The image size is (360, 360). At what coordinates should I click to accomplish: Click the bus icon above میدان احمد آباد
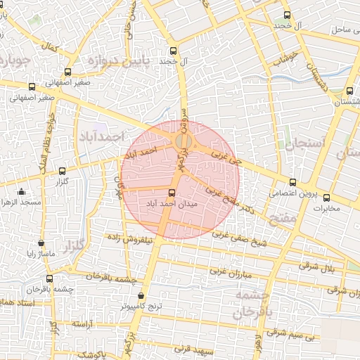(172, 192)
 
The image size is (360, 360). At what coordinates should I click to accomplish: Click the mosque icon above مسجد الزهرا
(22, 192)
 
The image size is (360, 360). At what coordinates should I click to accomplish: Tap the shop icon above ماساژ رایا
(41, 243)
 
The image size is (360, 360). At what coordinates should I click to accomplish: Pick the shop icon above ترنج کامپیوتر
(142, 296)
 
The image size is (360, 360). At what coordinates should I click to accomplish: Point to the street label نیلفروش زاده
(129, 239)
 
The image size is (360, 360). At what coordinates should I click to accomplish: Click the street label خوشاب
(286, 58)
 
